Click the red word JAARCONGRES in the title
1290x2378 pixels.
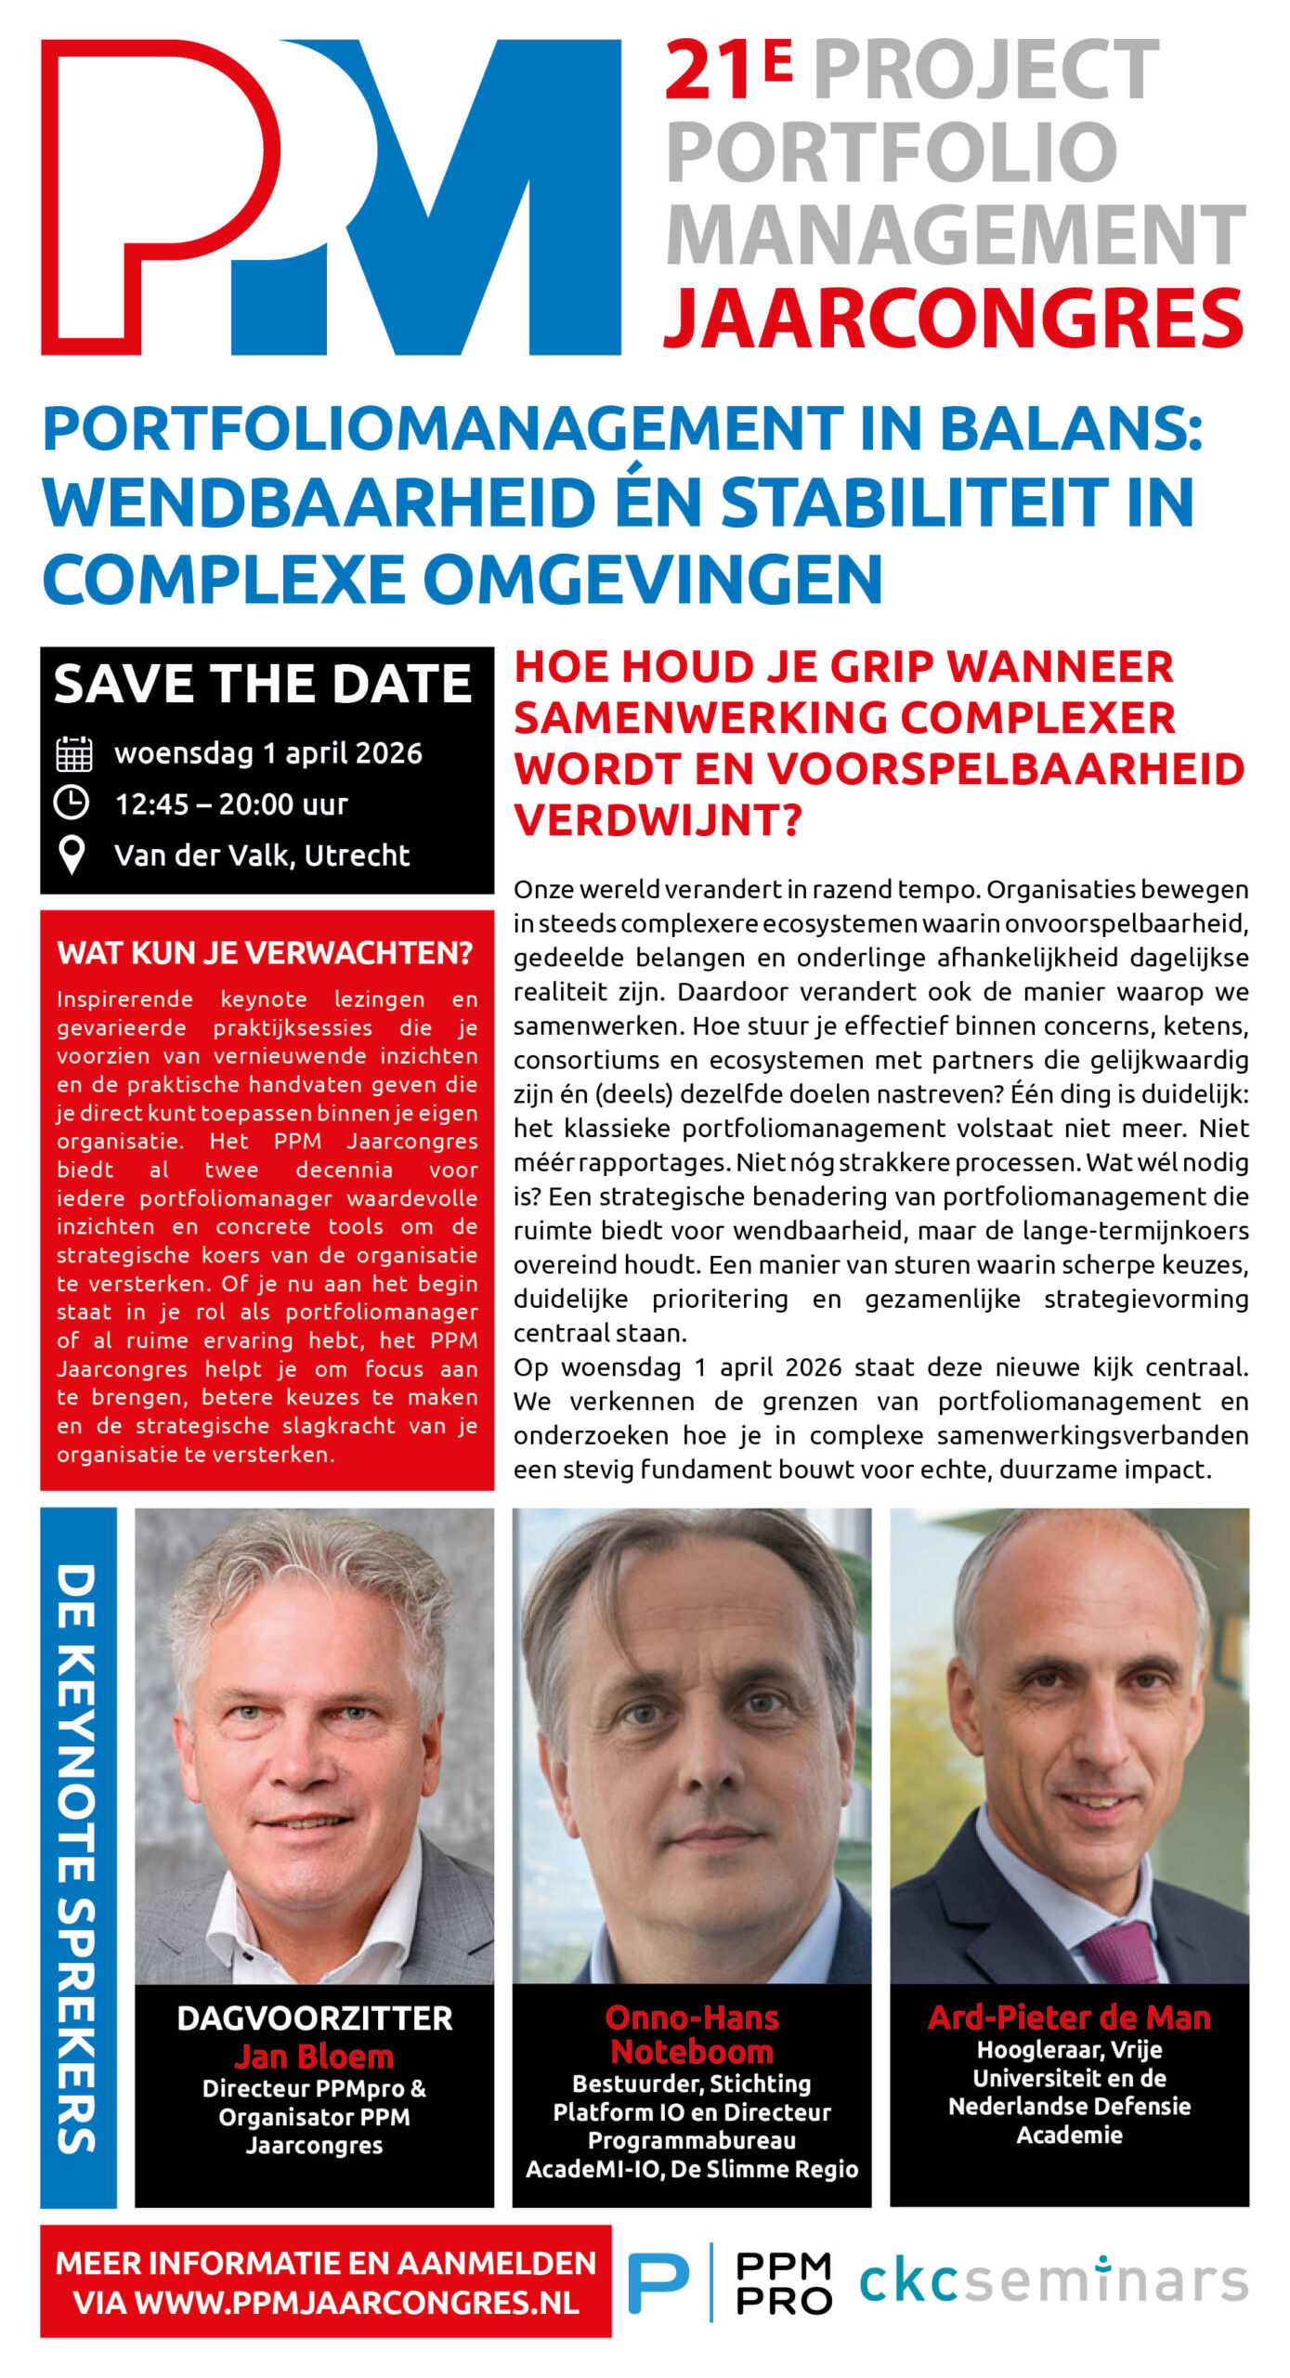point(953,318)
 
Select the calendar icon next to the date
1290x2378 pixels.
point(73,753)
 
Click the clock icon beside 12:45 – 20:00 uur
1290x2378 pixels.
point(72,803)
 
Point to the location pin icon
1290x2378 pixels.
point(72,855)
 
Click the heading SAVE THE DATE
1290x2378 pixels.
point(263,685)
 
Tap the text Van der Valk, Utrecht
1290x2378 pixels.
point(261,855)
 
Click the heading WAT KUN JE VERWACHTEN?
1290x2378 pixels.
point(265,953)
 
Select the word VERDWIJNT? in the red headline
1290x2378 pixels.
point(658,820)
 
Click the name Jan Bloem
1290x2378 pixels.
point(314,2057)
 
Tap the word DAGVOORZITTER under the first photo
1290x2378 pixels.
point(314,2019)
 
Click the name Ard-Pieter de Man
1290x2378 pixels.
point(1069,2018)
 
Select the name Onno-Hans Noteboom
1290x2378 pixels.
point(692,2034)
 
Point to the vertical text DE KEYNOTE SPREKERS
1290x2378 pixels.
point(77,1858)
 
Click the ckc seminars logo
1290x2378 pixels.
point(1053,2282)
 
